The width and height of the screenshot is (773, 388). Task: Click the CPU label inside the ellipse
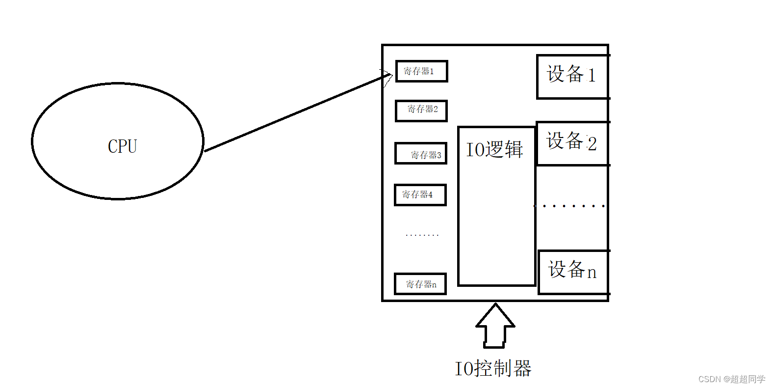[122, 146]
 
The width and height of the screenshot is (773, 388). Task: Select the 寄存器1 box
[421, 71]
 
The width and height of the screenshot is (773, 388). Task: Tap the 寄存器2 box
[421, 110]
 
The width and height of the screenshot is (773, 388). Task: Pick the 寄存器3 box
[421, 153]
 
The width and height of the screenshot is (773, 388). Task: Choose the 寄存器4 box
[420, 195]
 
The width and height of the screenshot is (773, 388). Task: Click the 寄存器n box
[420, 284]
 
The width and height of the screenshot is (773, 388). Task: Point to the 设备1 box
[572, 77]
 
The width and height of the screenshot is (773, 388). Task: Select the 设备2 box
[572, 143]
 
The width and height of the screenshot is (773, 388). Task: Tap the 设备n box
[573, 272]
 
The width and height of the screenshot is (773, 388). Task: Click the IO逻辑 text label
[494, 149]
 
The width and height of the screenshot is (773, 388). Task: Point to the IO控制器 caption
[493, 368]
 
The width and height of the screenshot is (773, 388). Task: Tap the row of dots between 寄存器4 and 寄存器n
[422, 235]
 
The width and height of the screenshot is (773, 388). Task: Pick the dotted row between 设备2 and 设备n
[570, 206]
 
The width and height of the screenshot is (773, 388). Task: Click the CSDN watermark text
[731, 379]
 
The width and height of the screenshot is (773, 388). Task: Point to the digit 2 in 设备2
[592, 144]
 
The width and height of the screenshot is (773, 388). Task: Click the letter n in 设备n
[592, 273]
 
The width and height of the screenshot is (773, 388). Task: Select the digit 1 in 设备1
[592, 76]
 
